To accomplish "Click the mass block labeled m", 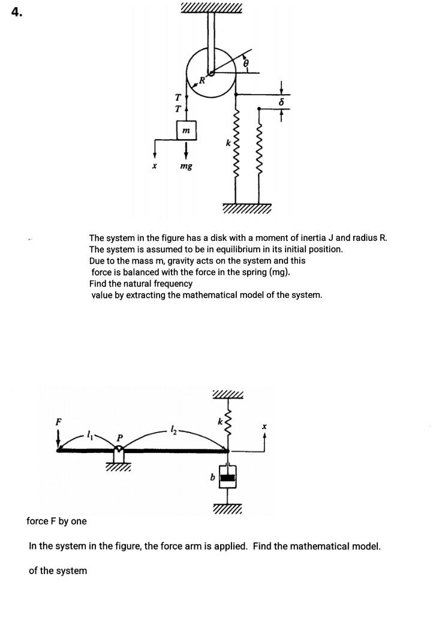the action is point(187,131).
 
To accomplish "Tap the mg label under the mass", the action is point(186,166).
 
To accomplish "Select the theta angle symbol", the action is point(246,63).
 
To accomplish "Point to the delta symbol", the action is point(282,102).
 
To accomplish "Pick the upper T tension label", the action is point(178,97).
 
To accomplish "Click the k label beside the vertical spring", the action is point(228,143).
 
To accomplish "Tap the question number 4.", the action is point(16,13).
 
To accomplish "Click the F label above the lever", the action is point(59,421).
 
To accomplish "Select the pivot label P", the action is point(119,437).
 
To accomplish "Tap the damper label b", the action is point(213,477).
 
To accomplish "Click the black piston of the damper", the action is point(228,478).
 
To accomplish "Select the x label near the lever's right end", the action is point(264,427).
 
